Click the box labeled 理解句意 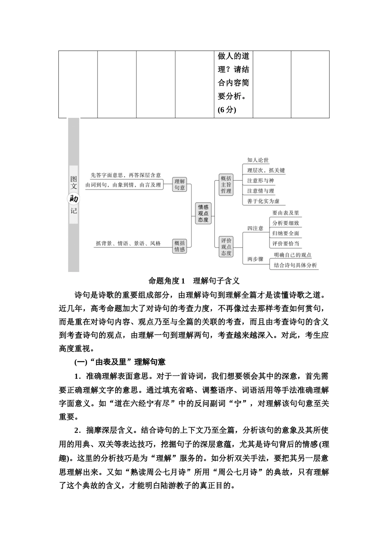click(180, 184)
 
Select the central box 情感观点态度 click(203, 213)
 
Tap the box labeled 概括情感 click(180, 246)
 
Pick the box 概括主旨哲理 click(226, 184)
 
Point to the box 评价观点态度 click(226, 247)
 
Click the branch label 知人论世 click(258, 160)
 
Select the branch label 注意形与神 click(261, 181)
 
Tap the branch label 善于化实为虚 click(263, 201)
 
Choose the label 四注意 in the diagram click(255, 228)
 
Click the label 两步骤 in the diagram click(255, 259)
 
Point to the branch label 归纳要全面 click(286, 233)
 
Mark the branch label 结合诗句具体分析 click(295, 265)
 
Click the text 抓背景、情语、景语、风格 click(128, 243)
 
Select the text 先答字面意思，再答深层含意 click(126, 175)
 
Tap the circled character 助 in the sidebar click(74, 199)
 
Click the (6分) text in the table click(227, 110)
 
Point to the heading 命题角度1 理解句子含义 click(194, 281)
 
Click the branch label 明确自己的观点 click(292, 255)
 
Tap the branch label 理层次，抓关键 click(266, 170)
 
